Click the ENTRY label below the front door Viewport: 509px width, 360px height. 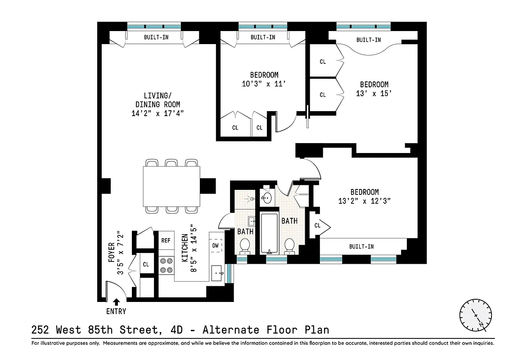pos(116,311)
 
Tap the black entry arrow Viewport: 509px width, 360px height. pos(116,302)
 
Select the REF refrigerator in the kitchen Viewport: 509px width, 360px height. pos(166,240)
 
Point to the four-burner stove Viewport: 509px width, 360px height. pos(166,265)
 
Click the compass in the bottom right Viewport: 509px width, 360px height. pos(476,315)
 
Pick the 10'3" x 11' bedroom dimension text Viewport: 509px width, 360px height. pos(264,83)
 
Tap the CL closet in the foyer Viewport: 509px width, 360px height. pos(146,265)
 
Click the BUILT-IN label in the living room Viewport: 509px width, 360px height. pos(156,37)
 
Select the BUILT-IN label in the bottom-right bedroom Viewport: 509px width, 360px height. pos(361,247)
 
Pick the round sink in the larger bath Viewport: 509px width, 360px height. pos(266,198)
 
